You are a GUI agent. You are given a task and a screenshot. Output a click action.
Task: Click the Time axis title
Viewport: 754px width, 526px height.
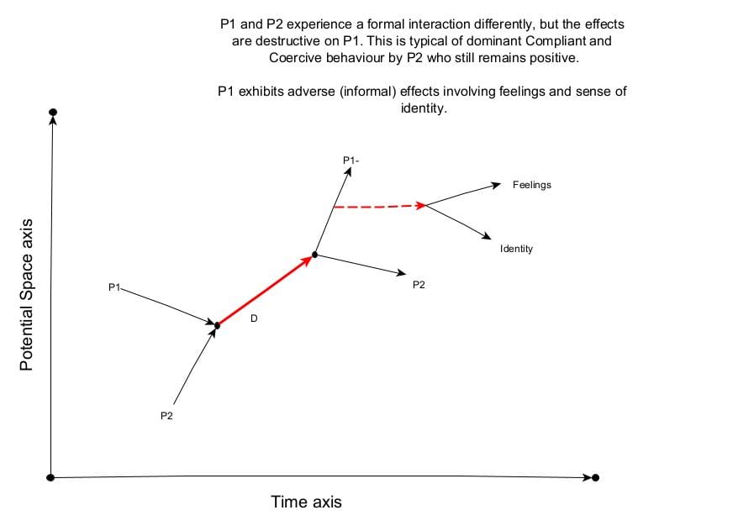[x=306, y=502]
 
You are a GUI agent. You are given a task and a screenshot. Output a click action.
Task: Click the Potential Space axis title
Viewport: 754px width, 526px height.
[x=27, y=295]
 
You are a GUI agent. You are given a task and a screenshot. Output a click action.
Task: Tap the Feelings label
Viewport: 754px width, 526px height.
[x=531, y=185]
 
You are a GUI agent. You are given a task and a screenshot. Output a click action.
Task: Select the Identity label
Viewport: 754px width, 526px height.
[x=516, y=250]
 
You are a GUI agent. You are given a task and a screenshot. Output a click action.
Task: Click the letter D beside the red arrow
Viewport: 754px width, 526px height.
[x=253, y=318]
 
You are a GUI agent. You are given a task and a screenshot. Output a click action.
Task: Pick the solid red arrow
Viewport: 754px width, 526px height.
[x=266, y=290]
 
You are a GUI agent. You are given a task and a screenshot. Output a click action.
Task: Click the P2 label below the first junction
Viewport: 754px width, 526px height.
[x=166, y=418]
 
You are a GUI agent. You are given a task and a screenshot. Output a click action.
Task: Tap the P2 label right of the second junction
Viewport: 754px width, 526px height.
[x=419, y=285]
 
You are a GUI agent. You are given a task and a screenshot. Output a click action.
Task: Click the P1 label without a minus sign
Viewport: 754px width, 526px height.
[x=115, y=288]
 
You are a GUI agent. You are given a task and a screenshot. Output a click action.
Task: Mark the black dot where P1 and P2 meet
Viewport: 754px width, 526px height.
[x=217, y=325]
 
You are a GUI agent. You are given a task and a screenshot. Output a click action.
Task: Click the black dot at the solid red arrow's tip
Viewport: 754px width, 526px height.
[x=314, y=254]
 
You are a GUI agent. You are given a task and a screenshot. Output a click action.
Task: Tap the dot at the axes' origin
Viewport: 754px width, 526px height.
[x=51, y=477]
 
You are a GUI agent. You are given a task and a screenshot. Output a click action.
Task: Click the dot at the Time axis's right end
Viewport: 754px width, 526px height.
[x=596, y=477]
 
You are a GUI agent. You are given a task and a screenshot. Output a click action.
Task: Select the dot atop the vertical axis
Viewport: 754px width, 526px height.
[x=53, y=112]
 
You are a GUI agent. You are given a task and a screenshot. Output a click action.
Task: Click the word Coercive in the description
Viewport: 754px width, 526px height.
[x=296, y=57]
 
